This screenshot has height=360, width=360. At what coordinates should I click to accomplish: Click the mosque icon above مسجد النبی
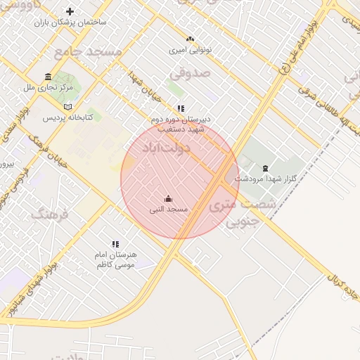(x=167, y=199)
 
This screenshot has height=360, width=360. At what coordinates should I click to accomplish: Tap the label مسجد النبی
(x=167, y=210)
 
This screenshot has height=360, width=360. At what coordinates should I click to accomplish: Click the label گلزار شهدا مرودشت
(x=263, y=179)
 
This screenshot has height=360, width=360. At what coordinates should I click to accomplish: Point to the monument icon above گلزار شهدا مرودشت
(x=265, y=168)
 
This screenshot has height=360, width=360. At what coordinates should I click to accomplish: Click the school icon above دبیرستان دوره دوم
(x=181, y=109)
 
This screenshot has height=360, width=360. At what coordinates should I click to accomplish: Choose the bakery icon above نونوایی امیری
(x=190, y=40)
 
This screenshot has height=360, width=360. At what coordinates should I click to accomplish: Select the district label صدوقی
(x=190, y=72)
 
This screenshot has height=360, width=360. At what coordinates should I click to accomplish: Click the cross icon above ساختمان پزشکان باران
(x=70, y=11)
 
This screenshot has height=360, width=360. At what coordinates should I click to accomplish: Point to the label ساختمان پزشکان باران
(x=70, y=22)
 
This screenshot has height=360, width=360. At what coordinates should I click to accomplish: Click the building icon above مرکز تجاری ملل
(x=48, y=77)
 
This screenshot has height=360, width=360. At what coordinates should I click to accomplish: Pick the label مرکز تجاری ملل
(x=48, y=87)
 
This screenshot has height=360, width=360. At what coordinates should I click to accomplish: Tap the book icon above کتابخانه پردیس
(x=68, y=106)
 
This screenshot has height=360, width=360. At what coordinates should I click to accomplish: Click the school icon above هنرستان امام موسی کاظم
(x=115, y=244)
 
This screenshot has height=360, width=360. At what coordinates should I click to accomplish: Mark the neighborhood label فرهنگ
(x=49, y=214)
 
